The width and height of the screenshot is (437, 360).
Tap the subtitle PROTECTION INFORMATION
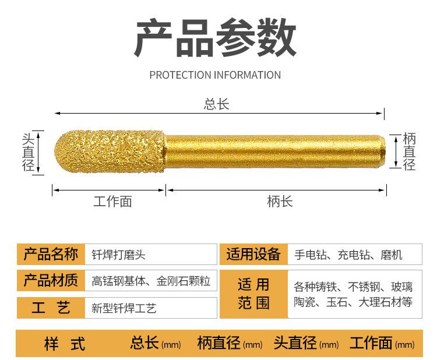coord(215,75)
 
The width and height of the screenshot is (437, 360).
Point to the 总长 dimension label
coord(216,104)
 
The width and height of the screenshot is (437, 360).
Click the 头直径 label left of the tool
coord(28,152)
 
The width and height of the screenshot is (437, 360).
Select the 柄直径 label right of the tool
coord(410,152)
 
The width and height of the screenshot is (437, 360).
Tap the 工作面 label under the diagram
coord(112,202)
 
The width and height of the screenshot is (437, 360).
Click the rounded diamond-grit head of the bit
coord(108,152)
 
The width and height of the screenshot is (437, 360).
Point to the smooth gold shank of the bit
coord(274,152)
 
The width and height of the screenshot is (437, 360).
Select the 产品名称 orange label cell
coord(51,255)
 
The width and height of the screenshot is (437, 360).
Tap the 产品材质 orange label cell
coord(51,281)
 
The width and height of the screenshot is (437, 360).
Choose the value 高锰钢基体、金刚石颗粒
coord(151,281)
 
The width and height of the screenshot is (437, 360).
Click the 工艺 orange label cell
coord(51,308)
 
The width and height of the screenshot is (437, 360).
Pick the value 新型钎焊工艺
coord(124,308)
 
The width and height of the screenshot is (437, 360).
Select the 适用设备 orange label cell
coord(253,255)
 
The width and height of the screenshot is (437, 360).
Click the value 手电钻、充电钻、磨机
coord(348,255)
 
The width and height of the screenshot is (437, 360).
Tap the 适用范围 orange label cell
coord(253,294)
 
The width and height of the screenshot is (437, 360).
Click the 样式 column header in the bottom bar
coord(65,344)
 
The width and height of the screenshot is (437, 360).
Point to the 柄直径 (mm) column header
coord(230,343)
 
